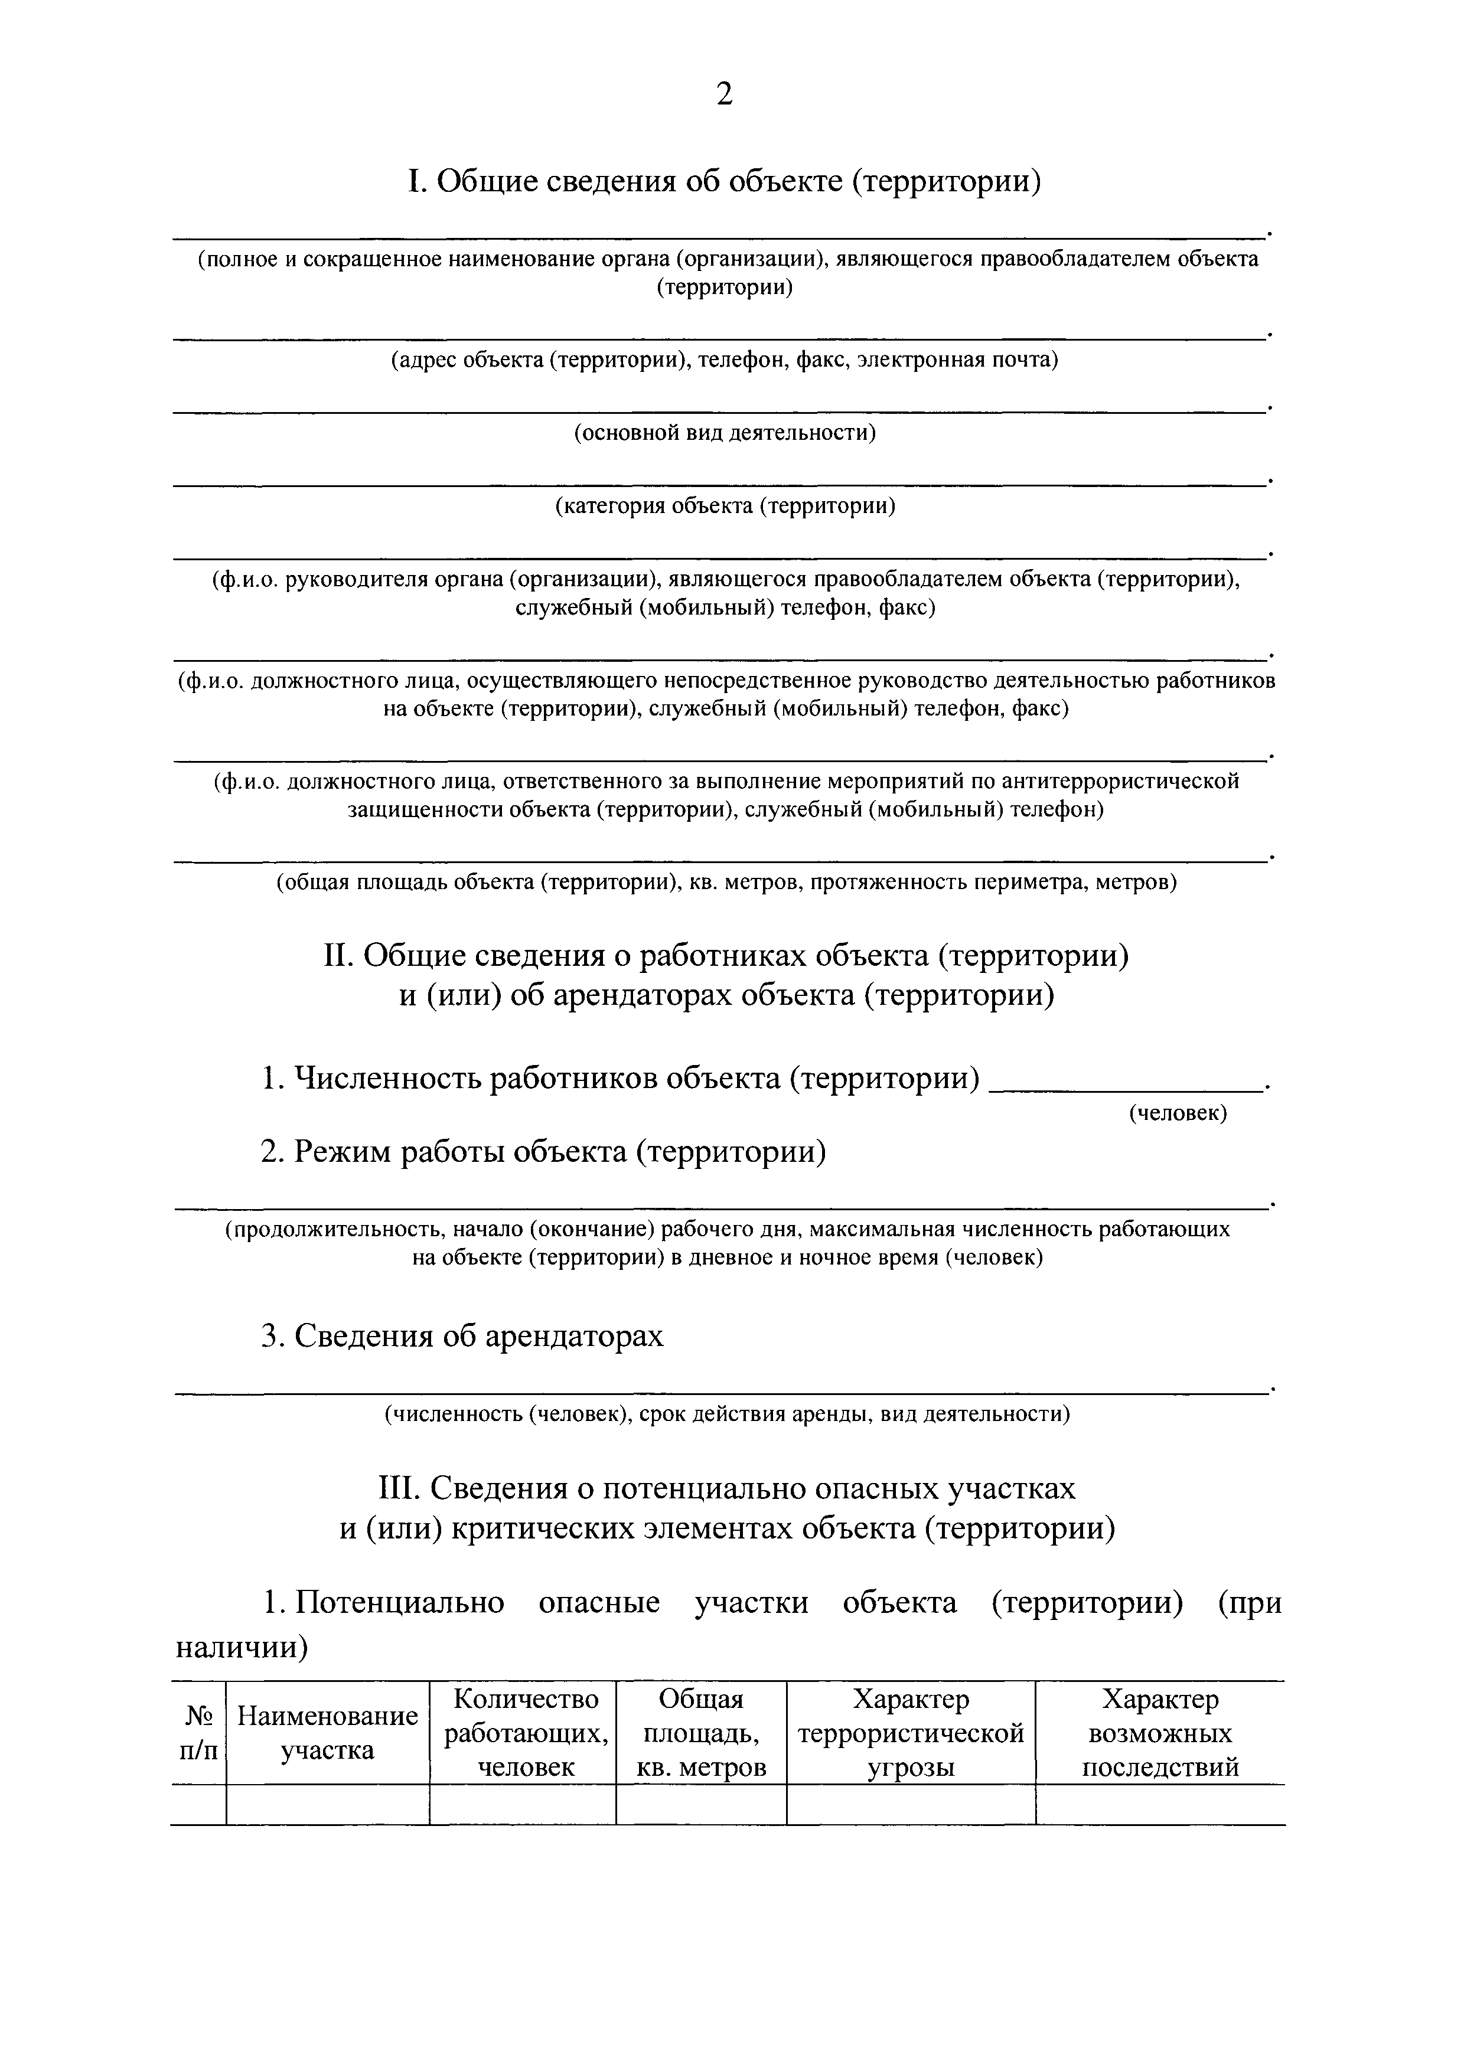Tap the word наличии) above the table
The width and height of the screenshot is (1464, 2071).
point(242,1648)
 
